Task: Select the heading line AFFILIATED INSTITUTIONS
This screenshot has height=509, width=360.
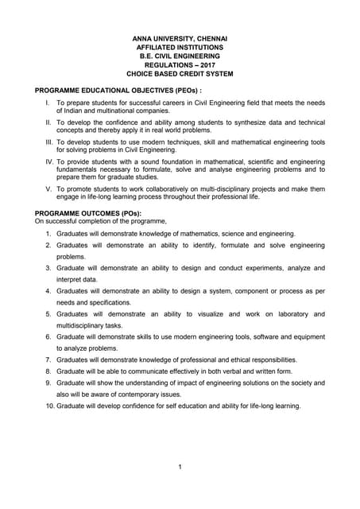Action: coord(180,47)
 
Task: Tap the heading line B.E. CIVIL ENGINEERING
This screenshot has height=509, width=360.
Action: coord(180,56)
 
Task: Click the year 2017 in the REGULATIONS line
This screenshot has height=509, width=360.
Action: coord(205,64)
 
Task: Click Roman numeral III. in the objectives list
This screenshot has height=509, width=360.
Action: coord(48,141)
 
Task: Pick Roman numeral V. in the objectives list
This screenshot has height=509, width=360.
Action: coord(48,188)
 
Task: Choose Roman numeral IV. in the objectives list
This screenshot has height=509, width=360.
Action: coord(48,161)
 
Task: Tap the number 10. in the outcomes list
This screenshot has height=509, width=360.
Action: coord(49,406)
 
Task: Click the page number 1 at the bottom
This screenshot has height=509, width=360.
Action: coord(180,466)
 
